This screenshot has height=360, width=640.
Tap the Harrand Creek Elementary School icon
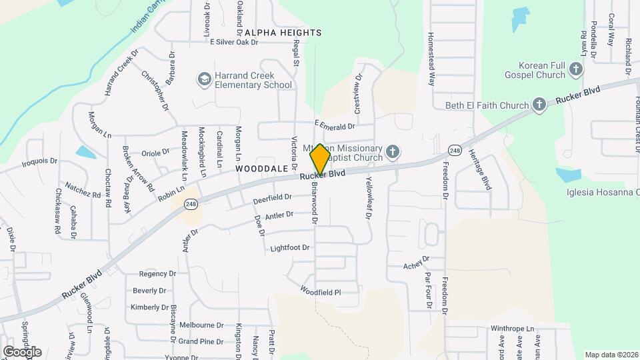203,80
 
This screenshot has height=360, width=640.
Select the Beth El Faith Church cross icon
539,105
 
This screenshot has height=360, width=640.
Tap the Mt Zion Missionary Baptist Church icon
393,153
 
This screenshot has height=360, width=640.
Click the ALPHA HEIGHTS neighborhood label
283,32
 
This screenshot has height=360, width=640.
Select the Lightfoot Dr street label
290,248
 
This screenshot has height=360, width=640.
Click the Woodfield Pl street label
320,291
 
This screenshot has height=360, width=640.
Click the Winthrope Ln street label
513,329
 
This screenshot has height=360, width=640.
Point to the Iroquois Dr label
40,161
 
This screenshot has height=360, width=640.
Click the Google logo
22,351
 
